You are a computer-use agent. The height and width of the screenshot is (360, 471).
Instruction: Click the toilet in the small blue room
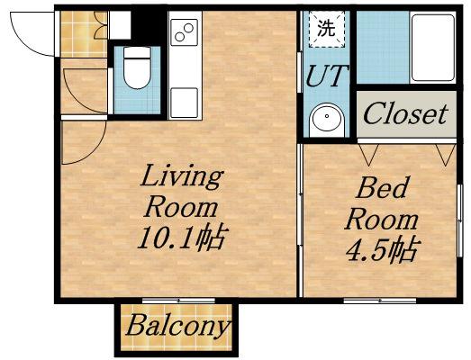[137, 68]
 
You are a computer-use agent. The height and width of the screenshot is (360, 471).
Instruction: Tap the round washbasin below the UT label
[326, 118]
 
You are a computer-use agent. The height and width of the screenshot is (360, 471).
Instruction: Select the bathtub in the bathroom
[432, 47]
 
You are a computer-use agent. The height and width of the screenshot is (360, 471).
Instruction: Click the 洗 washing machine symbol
[327, 29]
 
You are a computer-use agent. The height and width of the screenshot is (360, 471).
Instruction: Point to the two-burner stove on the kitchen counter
[185, 32]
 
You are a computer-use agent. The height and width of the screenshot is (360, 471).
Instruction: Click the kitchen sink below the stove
[184, 103]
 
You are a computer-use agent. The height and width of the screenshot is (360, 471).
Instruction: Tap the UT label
[327, 76]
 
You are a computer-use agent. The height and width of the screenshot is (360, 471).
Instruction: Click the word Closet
[406, 113]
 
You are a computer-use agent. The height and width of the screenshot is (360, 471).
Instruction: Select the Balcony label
[177, 326]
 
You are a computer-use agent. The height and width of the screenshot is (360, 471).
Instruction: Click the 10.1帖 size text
[181, 239]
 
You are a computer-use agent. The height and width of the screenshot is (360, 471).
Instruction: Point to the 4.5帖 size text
[382, 251]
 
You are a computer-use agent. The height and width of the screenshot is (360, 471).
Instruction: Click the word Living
[182, 178]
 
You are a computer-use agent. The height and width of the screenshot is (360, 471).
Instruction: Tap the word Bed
[382, 187]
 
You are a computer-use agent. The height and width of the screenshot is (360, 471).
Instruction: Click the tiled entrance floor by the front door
[84, 34]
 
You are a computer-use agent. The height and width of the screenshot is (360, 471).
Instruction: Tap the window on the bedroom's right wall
[459, 220]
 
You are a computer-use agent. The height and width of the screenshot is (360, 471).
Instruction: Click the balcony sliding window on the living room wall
[178, 300]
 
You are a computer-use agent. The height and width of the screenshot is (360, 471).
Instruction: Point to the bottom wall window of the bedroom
[380, 301]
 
